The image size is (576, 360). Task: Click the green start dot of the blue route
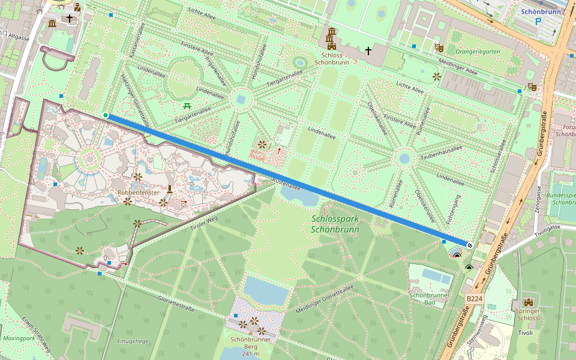click(x=106, y=115)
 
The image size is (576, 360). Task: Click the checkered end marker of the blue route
click(x=470, y=245)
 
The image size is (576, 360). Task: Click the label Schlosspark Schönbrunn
click(x=335, y=224)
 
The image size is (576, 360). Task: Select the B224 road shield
click(x=474, y=298)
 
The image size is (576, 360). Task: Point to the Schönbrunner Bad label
click(x=430, y=298)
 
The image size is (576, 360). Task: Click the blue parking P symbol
click(x=538, y=21)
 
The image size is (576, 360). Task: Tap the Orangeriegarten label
click(x=479, y=52)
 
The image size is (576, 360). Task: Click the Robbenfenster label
click(x=139, y=192)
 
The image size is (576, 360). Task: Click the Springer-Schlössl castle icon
click(x=529, y=302)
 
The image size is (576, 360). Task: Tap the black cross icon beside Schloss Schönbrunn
click(x=368, y=51)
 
